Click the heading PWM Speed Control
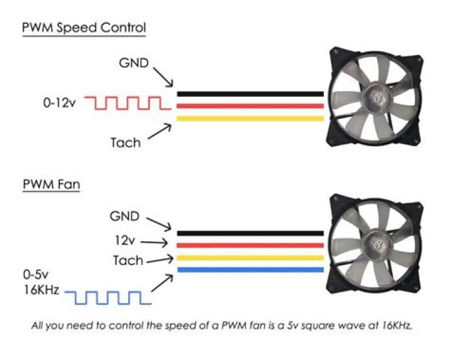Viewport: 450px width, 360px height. click(x=84, y=28)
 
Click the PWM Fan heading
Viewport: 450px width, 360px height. click(x=51, y=185)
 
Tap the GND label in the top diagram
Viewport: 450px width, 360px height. click(x=133, y=64)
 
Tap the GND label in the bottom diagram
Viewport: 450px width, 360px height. click(x=126, y=216)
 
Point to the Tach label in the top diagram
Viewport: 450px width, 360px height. click(x=126, y=142)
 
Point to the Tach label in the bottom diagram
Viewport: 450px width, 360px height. click(x=128, y=259)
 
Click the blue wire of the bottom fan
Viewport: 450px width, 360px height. click(x=250, y=270)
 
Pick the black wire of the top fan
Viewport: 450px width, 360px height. click(x=250, y=94)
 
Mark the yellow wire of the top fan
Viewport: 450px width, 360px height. click(x=250, y=118)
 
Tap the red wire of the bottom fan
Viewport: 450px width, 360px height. click(x=250, y=245)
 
